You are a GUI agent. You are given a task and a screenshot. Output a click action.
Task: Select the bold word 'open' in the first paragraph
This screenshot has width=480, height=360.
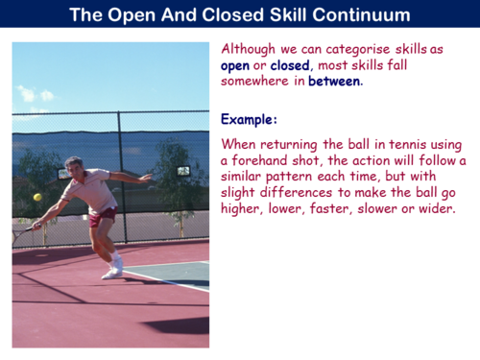235,65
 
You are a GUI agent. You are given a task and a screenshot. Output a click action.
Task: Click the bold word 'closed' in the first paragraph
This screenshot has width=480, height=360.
290,65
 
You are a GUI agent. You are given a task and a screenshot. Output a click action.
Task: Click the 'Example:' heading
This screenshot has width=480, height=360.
249,121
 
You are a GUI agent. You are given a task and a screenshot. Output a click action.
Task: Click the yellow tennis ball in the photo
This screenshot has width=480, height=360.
37,197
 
